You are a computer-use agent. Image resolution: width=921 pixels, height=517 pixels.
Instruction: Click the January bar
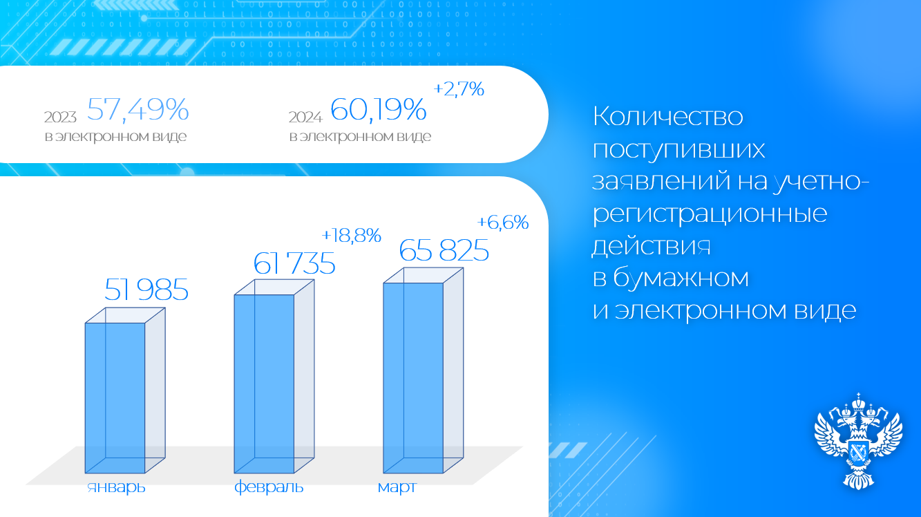click(x=125, y=391)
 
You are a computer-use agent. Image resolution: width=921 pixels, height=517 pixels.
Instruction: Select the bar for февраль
click(x=274, y=376)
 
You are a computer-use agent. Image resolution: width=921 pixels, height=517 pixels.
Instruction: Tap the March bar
click(x=424, y=370)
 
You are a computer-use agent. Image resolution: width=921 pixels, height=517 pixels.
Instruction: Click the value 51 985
click(x=146, y=290)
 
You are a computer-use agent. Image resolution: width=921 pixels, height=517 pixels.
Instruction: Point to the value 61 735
click(x=294, y=263)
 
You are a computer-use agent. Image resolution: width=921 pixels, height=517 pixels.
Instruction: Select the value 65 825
click(x=444, y=250)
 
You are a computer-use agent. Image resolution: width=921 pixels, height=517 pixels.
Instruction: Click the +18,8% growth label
click(x=351, y=235)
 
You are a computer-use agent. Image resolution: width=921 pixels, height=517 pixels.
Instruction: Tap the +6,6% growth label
click(x=502, y=223)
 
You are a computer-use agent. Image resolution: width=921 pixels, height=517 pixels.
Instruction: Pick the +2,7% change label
click(x=459, y=89)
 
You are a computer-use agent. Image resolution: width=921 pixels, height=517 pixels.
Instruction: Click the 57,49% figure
click(x=137, y=109)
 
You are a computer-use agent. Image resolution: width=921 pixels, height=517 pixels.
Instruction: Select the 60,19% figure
click(x=378, y=109)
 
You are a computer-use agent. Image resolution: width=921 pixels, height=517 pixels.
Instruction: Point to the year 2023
click(x=60, y=117)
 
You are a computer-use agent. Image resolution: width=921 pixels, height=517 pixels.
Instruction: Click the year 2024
click(x=305, y=117)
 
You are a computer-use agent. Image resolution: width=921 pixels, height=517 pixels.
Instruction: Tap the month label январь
click(x=116, y=487)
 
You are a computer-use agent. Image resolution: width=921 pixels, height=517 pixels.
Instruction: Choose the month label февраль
click(x=269, y=487)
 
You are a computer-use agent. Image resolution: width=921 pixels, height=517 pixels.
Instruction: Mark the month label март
click(x=397, y=488)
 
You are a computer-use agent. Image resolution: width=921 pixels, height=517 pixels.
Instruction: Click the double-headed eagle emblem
click(x=859, y=442)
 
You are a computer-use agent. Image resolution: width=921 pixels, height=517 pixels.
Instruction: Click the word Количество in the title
click(x=667, y=116)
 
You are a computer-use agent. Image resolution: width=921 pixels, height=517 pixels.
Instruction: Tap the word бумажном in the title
click(x=681, y=278)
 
